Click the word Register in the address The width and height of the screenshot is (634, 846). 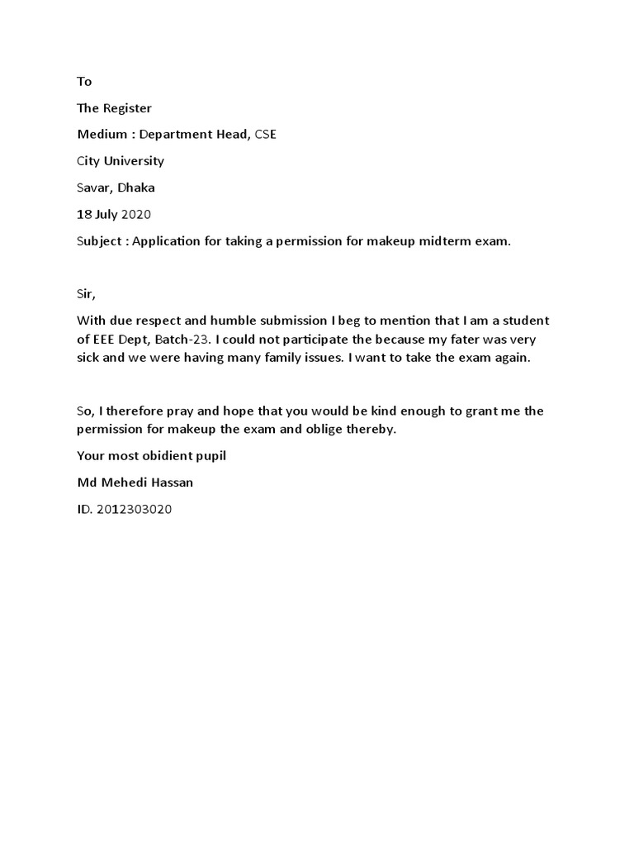(x=127, y=108)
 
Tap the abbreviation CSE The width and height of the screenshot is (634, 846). (x=265, y=135)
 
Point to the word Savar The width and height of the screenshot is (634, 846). (x=94, y=188)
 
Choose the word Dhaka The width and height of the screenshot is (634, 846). (x=136, y=188)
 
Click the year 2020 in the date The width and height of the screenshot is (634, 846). (x=137, y=214)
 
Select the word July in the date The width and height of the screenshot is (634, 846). (x=107, y=214)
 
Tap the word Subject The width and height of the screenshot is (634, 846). (x=100, y=241)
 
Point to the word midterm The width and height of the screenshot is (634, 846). (x=448, y=241)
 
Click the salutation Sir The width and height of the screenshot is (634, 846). (x=85, y=293)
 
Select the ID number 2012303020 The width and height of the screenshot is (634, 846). (x=135, y=509)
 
